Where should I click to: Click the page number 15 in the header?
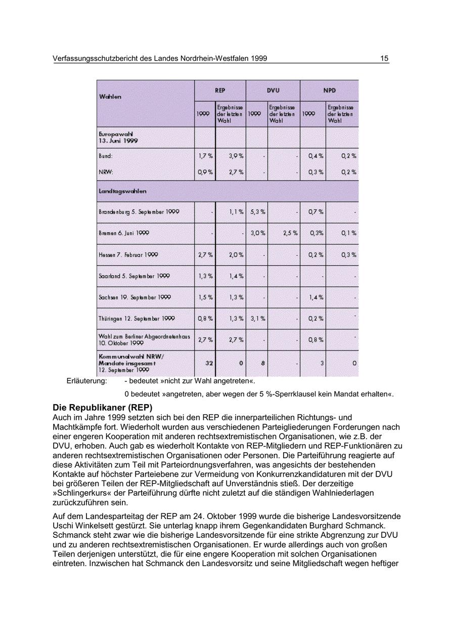[x=384, y=59]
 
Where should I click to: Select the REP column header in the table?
[x=220, y=91]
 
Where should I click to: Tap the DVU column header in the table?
[x=273, y=91]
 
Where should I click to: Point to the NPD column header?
[x=330, y=91]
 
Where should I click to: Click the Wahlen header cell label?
[x=110, y=96]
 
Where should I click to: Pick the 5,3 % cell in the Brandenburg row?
[x=257, y=211]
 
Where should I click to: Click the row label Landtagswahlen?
[x=123, y=191]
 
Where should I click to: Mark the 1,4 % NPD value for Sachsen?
[x=316, y=297]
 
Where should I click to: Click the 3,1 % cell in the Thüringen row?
[x=257, y=319]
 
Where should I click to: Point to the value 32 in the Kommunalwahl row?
[x=209, y=363]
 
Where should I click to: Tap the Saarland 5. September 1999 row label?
[x=134, y=276]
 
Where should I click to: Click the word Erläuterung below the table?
[x=86, y=380]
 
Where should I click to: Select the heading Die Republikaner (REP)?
[x=102, y=407]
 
